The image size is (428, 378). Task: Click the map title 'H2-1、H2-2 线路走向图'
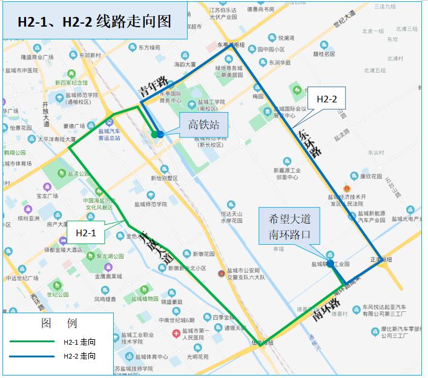click(x=94, y=22)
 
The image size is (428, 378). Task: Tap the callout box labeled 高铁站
click(x=203, y=125)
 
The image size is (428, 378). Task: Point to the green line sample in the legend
click(x=34, y=342)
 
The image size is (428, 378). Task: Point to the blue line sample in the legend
click(x=34, y=356)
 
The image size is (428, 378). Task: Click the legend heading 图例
click(x=59, y=323)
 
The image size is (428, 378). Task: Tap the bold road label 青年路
click(x=152, y=87)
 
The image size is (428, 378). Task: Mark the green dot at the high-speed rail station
click(x=154, y=134)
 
